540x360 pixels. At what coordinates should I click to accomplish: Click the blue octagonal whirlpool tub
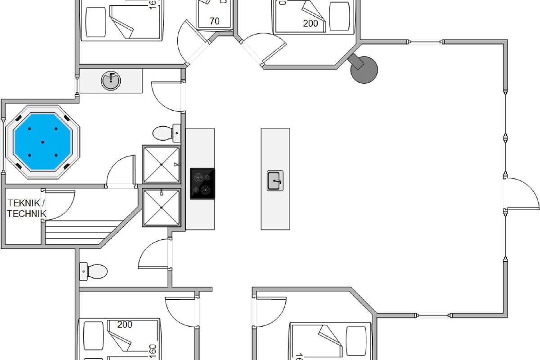click(x=43, y=142)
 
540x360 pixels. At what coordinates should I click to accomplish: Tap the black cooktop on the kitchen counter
click(x=202, y=184)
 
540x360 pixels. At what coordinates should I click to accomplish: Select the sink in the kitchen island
click(x=275, y=180)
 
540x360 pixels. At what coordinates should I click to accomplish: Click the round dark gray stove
click(x=364, y=69)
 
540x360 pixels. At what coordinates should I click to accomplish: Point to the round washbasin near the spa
click(x=111, y=81)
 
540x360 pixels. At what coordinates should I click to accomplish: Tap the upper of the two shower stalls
click(x=162, y=164)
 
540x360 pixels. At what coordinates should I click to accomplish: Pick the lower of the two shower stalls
click(x=162, y=207)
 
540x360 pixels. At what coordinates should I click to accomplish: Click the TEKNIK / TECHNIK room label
click(x=27, y=208)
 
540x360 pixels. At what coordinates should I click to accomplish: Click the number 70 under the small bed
click(x=215, y=21)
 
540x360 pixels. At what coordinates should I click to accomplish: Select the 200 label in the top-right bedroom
click(x=310, y=23)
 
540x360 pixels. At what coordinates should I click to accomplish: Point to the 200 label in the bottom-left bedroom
click(x=125, y=324)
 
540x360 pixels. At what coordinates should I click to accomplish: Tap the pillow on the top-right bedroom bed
click(x=339, y=16)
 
